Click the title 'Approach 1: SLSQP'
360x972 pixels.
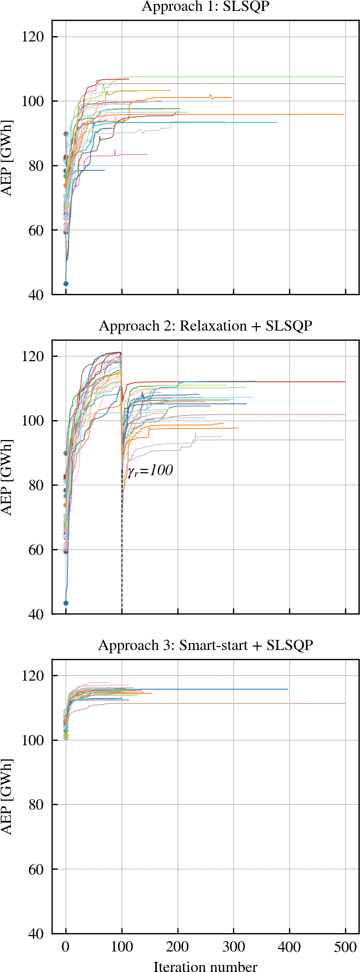pos(205,6)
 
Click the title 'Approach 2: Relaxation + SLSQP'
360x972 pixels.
pos(205,326)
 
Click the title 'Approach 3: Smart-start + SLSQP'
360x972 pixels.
pos(205,645)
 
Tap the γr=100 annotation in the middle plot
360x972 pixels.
pos(150,471)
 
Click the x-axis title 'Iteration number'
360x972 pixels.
pos(205,966)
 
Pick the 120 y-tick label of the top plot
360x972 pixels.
pos(33,37)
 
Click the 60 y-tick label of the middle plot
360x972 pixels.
pos(36,550)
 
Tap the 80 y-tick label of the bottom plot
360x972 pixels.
pos(36,805)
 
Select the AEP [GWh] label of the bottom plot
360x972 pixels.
pos(6,797)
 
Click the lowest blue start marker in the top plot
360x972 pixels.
pos(66,284)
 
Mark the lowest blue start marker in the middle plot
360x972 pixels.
pos(66,603)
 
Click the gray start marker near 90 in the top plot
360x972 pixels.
pos(66,134)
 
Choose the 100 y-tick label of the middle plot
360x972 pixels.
pos(33,421)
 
